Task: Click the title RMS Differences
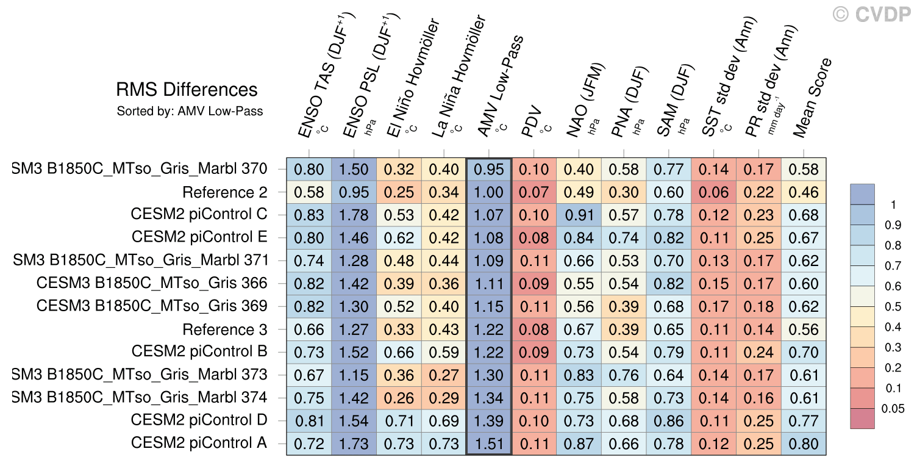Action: click(x=187, y=90)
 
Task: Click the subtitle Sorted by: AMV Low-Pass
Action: click(x=190, y=111)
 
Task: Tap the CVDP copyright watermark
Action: click(x=872, y=15)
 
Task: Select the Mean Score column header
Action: click(x=813, y=98)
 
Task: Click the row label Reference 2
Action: click(x=225, y=192)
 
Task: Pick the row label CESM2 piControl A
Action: click(x=199, y=442)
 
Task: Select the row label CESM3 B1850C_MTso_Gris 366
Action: click(x=152, y=283)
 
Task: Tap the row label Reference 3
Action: click(x=225, y=329)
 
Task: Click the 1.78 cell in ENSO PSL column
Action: click(x=354, y=215)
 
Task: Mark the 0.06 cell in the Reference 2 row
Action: click(x=713, y=192)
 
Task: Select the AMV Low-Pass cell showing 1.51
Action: click(x=489, y=444)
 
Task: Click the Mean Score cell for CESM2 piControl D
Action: click(x=804, y=421)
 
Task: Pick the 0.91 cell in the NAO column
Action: click(x=579, y=215)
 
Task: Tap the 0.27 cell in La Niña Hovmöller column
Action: click(x=444, y=375)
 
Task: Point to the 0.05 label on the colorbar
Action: click(x=893, y=409)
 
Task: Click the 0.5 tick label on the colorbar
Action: click(x=893, y=306)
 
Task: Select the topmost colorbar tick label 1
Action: click(x=894, y=204)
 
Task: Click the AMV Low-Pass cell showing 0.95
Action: click(x=489, y=169)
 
